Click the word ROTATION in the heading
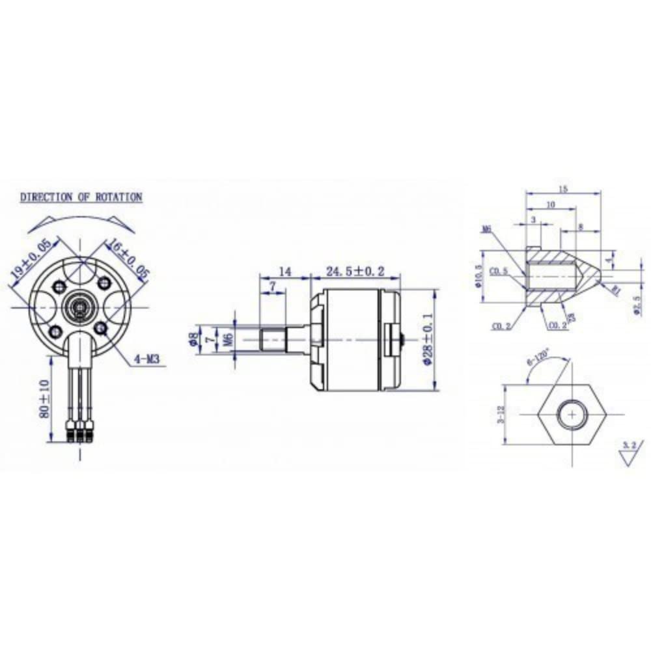click(x=119, y=197)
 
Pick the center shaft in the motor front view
click(x=81, y=305)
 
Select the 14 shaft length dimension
click(x=284, y=271)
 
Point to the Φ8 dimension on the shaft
click(x=193, y=339)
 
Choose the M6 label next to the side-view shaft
click(x=227, y=339)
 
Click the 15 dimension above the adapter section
click(x=563, y=189)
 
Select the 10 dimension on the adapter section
click(x=551, y=204)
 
